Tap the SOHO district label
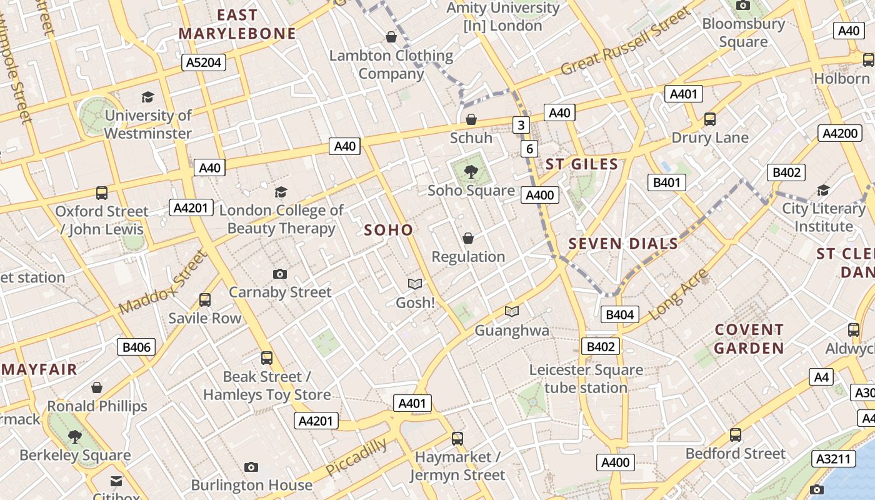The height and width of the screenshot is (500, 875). (389, 230)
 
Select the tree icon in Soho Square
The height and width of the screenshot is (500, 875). (471, 171)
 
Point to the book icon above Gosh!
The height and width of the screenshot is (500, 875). (415, 284)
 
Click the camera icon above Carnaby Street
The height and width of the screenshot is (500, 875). (280, 274)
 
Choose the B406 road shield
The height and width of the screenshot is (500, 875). (136, 347)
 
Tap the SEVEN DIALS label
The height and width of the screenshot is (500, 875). (623, 244)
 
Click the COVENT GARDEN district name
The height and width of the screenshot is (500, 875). (749, 339)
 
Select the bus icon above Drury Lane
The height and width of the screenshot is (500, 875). (709, 119)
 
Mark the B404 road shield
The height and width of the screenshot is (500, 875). (619, 314)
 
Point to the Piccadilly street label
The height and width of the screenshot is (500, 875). (356, 457)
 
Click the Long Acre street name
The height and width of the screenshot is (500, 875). (679, 294)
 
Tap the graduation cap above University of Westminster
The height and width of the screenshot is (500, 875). (147, 97)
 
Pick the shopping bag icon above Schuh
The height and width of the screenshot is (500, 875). (471, 119)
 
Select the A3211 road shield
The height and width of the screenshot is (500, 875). (834, 459)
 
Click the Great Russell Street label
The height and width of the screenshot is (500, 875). (626, 41)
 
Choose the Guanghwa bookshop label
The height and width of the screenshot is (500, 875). (512, 331)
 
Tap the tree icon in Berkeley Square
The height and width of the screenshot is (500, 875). (75, 436)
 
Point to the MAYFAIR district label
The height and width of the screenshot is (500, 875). (39, 369)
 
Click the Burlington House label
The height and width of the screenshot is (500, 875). (251, 485)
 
